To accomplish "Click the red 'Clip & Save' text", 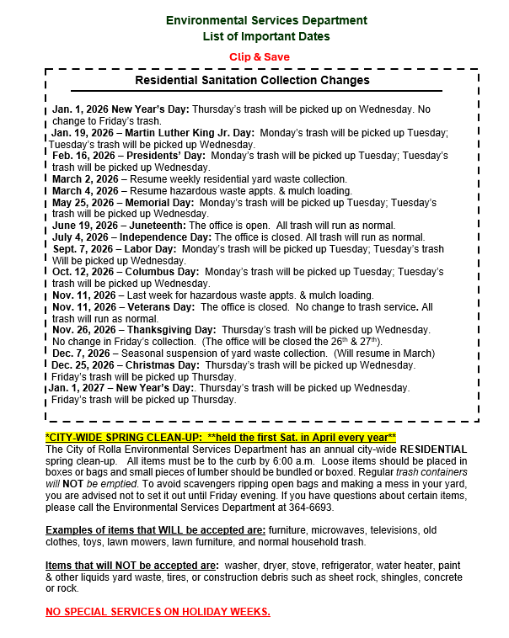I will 260,56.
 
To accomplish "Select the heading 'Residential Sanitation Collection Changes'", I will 252,80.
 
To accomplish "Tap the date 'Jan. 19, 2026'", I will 83,133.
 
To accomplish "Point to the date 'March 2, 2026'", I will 85,179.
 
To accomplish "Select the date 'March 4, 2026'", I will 85,191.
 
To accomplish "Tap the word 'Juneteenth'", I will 157,226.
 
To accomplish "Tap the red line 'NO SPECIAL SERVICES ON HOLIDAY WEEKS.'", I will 158,611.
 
